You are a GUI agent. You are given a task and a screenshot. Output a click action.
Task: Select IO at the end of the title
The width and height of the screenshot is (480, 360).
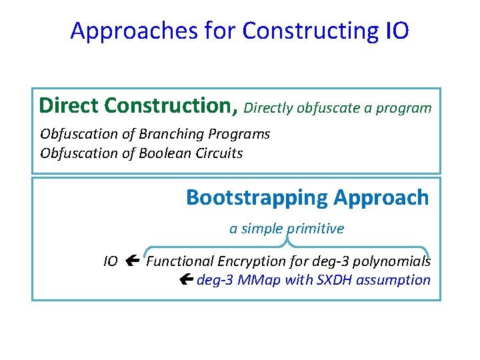pyautogui.click(x=397, y=31)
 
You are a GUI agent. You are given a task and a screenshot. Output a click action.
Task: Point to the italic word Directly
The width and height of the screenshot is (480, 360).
pyautogui.click(x=268, y=108)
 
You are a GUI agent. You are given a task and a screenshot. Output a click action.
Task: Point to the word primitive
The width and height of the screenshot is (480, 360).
pyautogui.click(x=315, y=229)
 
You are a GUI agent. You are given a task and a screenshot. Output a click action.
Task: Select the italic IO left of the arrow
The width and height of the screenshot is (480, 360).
pyautogui.click(x=111, y=261)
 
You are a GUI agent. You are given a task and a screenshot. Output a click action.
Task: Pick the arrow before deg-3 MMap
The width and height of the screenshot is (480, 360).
pyautogui.click(x=186, y=280)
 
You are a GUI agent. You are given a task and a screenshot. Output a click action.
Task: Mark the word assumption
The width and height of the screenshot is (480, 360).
pyautogui.click(x=393, y=280)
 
